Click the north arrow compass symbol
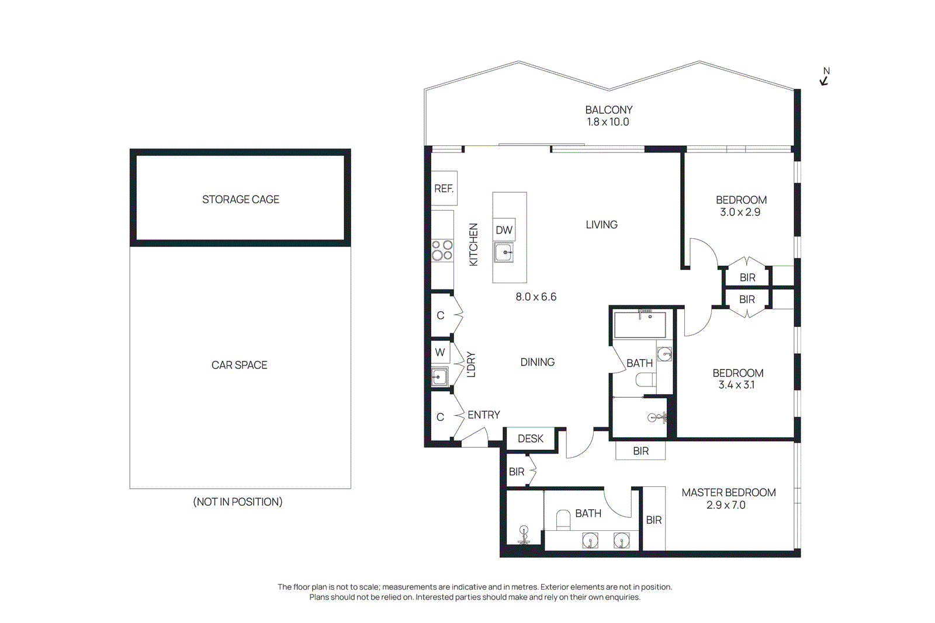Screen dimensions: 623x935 point(825,77)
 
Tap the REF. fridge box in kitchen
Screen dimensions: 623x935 point(444,188)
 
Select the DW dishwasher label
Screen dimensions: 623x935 point(504,230)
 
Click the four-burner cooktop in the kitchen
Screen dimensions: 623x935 point(442,250)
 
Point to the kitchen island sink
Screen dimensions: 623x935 point(504,253)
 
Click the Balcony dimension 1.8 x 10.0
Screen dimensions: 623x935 point(608,122)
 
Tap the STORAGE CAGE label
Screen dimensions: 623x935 point(240,200)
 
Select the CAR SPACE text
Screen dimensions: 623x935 point(239,365)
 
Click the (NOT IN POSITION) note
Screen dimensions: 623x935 point(238,502)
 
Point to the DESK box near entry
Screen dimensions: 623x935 point(530,438)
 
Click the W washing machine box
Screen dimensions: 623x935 point(440,352)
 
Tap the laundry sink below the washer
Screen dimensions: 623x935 point(439,377)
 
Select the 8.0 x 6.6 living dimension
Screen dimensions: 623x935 point(535,297)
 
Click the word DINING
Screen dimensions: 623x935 point(537,362)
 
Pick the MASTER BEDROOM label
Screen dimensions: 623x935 point(728,492)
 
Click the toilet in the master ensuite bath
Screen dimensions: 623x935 point(563,519)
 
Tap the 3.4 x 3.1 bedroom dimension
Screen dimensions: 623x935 point(736,385)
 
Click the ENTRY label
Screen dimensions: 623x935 point(483,415)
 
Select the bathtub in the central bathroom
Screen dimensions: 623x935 point(640,325)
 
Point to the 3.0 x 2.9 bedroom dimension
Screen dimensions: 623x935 point(740,212)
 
